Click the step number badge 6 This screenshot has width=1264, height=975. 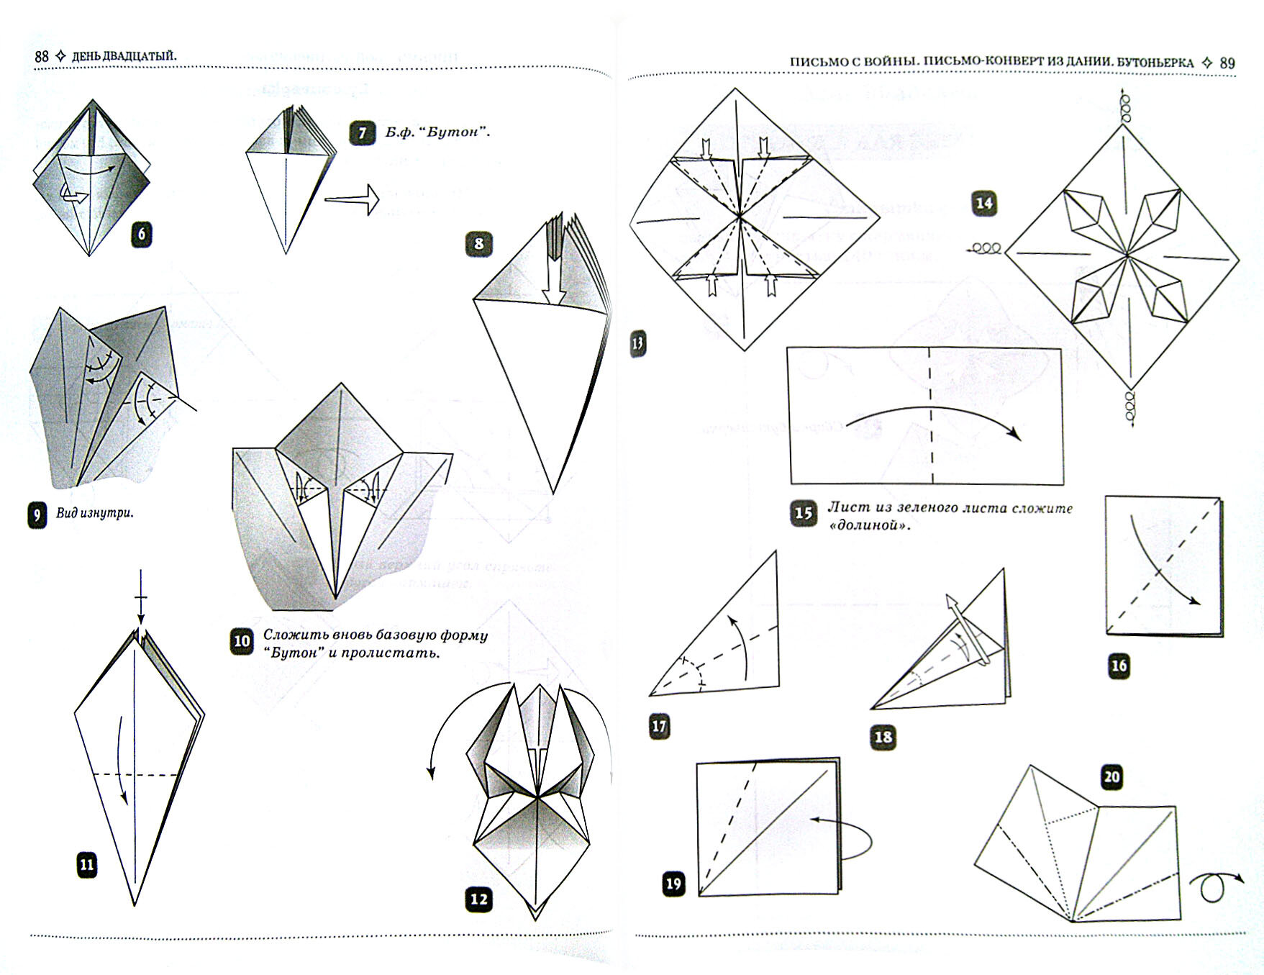point(142,234)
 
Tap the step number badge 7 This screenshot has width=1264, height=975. point(362,134)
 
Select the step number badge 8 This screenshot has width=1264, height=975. point(479,244)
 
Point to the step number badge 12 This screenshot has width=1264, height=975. point(478,899)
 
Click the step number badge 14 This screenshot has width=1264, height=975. point(983,204)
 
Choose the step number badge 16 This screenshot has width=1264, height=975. point(1119,666)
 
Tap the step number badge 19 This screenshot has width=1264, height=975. point(673,884)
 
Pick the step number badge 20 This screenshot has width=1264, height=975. point(1112,777)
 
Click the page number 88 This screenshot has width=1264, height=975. point(42,57)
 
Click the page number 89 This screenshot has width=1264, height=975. point(1227,63)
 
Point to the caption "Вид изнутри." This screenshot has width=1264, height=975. point(94,514)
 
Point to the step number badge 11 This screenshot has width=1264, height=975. point(86,864)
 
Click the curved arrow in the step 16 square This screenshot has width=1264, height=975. point(1160,561)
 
